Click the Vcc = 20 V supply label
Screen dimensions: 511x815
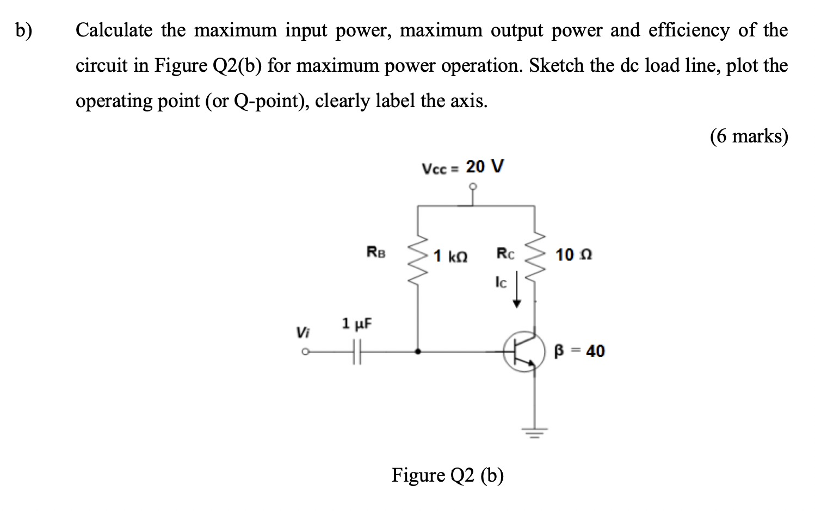pyautogui.click(x=463, y=167)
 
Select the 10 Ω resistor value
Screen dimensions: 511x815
pyautogui.click(x=573, y=254)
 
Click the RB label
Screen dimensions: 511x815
pyautogui.click(x=376, y=252)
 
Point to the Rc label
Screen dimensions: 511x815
pyautogui.click(x=505, y=253)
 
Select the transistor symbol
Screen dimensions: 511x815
pyautogui.click(x=524, y=352)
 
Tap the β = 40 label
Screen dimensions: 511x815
pyautogui.click(x=579, y=351)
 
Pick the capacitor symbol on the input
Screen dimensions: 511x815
pyautogui.click(x=357, y=352)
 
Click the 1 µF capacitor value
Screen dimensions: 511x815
pyautogui.click(x=356, y=324)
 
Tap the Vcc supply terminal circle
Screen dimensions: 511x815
pyautogui.click(x=473, y=187)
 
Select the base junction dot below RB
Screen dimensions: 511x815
pyautogui.click(x=417, y=352)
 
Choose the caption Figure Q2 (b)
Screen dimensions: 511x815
pyautogui.click(x=447, y=476)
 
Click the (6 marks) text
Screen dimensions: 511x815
pyautogui.click(x=749, y=136)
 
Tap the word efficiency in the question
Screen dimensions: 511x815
pyautogui.click(x=689, y=30)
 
